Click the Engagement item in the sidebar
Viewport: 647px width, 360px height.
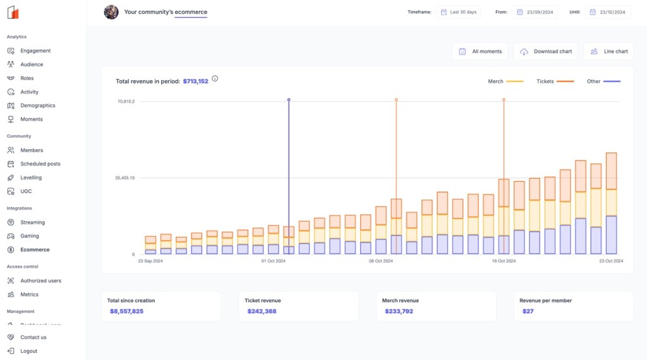35,51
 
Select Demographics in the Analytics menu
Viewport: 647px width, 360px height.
37,105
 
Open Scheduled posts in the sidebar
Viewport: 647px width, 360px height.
40,164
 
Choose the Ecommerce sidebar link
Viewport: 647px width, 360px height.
34,249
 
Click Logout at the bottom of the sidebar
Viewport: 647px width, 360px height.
28,351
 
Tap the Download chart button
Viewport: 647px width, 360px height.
547,51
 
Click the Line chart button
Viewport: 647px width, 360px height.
609,51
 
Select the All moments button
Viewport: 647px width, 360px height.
480,51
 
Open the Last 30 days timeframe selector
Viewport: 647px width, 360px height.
458,12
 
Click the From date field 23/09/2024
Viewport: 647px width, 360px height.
535,12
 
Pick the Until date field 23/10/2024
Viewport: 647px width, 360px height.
608,12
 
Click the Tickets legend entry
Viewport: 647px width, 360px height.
555,81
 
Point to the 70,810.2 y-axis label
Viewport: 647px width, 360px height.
125,101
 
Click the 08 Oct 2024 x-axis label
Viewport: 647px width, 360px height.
381,261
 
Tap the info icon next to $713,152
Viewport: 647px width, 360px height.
215,79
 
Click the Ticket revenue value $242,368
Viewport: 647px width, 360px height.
262,311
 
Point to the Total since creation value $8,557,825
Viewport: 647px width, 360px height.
126,311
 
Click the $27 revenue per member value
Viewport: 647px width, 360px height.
528,311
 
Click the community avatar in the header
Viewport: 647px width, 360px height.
111,12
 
